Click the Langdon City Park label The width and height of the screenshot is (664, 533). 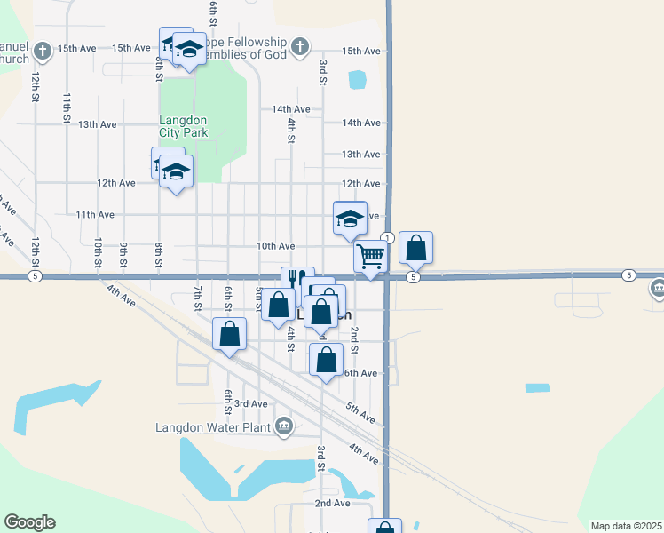[183, 126]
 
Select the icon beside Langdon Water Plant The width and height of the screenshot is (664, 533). [284, 427]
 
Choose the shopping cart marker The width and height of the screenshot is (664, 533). [370, 256]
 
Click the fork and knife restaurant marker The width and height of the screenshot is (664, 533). [297, 281]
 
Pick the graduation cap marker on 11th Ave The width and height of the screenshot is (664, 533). [350, 219]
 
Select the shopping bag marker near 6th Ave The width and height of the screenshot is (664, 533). [327, 360]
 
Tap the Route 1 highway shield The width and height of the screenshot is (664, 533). [387, 237]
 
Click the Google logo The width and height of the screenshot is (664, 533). [29, 522]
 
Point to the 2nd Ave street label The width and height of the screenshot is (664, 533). [332, 503]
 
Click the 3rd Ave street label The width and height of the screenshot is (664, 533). [251, 403]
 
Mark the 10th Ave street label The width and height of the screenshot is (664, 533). [275, 245]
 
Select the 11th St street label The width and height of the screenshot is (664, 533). [67, 107]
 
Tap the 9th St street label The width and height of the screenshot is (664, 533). [125, 255]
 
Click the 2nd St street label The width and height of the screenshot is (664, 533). [353, 338]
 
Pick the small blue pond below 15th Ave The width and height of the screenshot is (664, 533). [357, 80]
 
